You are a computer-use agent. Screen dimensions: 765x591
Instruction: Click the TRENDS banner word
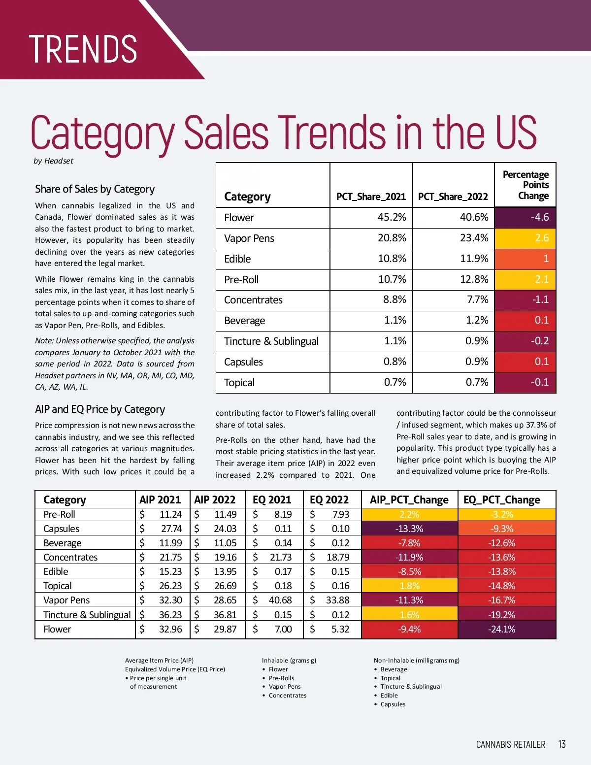coord(83,49)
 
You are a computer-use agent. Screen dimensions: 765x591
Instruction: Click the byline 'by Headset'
coord(53,161)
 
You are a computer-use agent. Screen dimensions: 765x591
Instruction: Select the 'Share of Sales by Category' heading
coord(95,189)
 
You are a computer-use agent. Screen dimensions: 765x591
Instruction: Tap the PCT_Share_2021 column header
coord(371,197)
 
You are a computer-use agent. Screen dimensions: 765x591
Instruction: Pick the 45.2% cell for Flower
coord(392,217)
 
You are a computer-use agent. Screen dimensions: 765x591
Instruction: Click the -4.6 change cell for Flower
coord(525,217)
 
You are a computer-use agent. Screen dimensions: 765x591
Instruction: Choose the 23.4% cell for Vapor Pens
coord(474,238)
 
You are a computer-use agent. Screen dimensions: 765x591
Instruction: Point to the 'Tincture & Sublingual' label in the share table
coord(271,341)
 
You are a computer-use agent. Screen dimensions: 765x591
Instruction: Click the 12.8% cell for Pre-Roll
coord(474,279)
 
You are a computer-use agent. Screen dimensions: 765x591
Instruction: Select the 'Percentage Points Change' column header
coord(525,185)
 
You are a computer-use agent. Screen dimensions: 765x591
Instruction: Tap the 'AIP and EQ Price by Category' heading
coord(100,409)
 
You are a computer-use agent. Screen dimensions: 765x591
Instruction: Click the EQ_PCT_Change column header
coord(501,500)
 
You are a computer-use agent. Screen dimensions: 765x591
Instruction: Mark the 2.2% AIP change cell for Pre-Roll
coord(409,514)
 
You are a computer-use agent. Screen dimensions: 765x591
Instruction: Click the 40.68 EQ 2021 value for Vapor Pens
coord(280,600)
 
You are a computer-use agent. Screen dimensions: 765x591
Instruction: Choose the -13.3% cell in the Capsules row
coord(409,529)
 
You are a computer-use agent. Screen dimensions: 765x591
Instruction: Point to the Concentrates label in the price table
coord(70,557)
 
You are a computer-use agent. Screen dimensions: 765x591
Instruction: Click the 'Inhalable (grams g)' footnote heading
coord(289,661)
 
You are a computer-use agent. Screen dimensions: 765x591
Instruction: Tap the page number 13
coord(562,744)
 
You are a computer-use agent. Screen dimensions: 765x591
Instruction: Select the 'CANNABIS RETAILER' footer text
coord(511,744)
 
